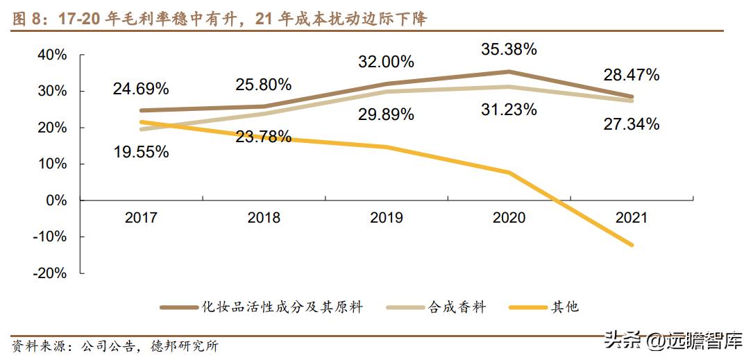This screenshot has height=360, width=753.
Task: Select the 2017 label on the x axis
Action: pyautogui.click(x=141, y=218)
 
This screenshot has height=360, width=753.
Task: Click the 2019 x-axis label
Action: pyautogui.click(x=387, y=218)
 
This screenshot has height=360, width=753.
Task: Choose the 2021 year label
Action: pyautogui.click(x=631, y=218)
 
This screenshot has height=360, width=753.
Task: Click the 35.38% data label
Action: pyautogui.click(x=509, y=49)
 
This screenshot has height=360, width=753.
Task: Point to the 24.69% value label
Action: pyautogui.click(x=141, y=89)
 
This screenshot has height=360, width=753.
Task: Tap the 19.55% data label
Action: pyautogui.click(x=141, y=152)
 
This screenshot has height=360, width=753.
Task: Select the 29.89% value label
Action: pyautogui.click(x=387, y=114)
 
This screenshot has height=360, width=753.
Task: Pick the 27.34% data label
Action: pyautogui.click(x=631, y=125)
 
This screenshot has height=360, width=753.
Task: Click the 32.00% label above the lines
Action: pyautogui.click(x=387, y=62)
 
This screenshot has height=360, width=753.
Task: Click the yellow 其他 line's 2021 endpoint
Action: pyautogui.click(x=632, y=245)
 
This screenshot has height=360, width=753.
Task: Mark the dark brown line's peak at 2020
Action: pyautogui.click(x=509, y=71)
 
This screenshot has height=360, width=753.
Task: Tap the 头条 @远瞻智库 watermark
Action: pyautogui.click(x=672, y=341)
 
